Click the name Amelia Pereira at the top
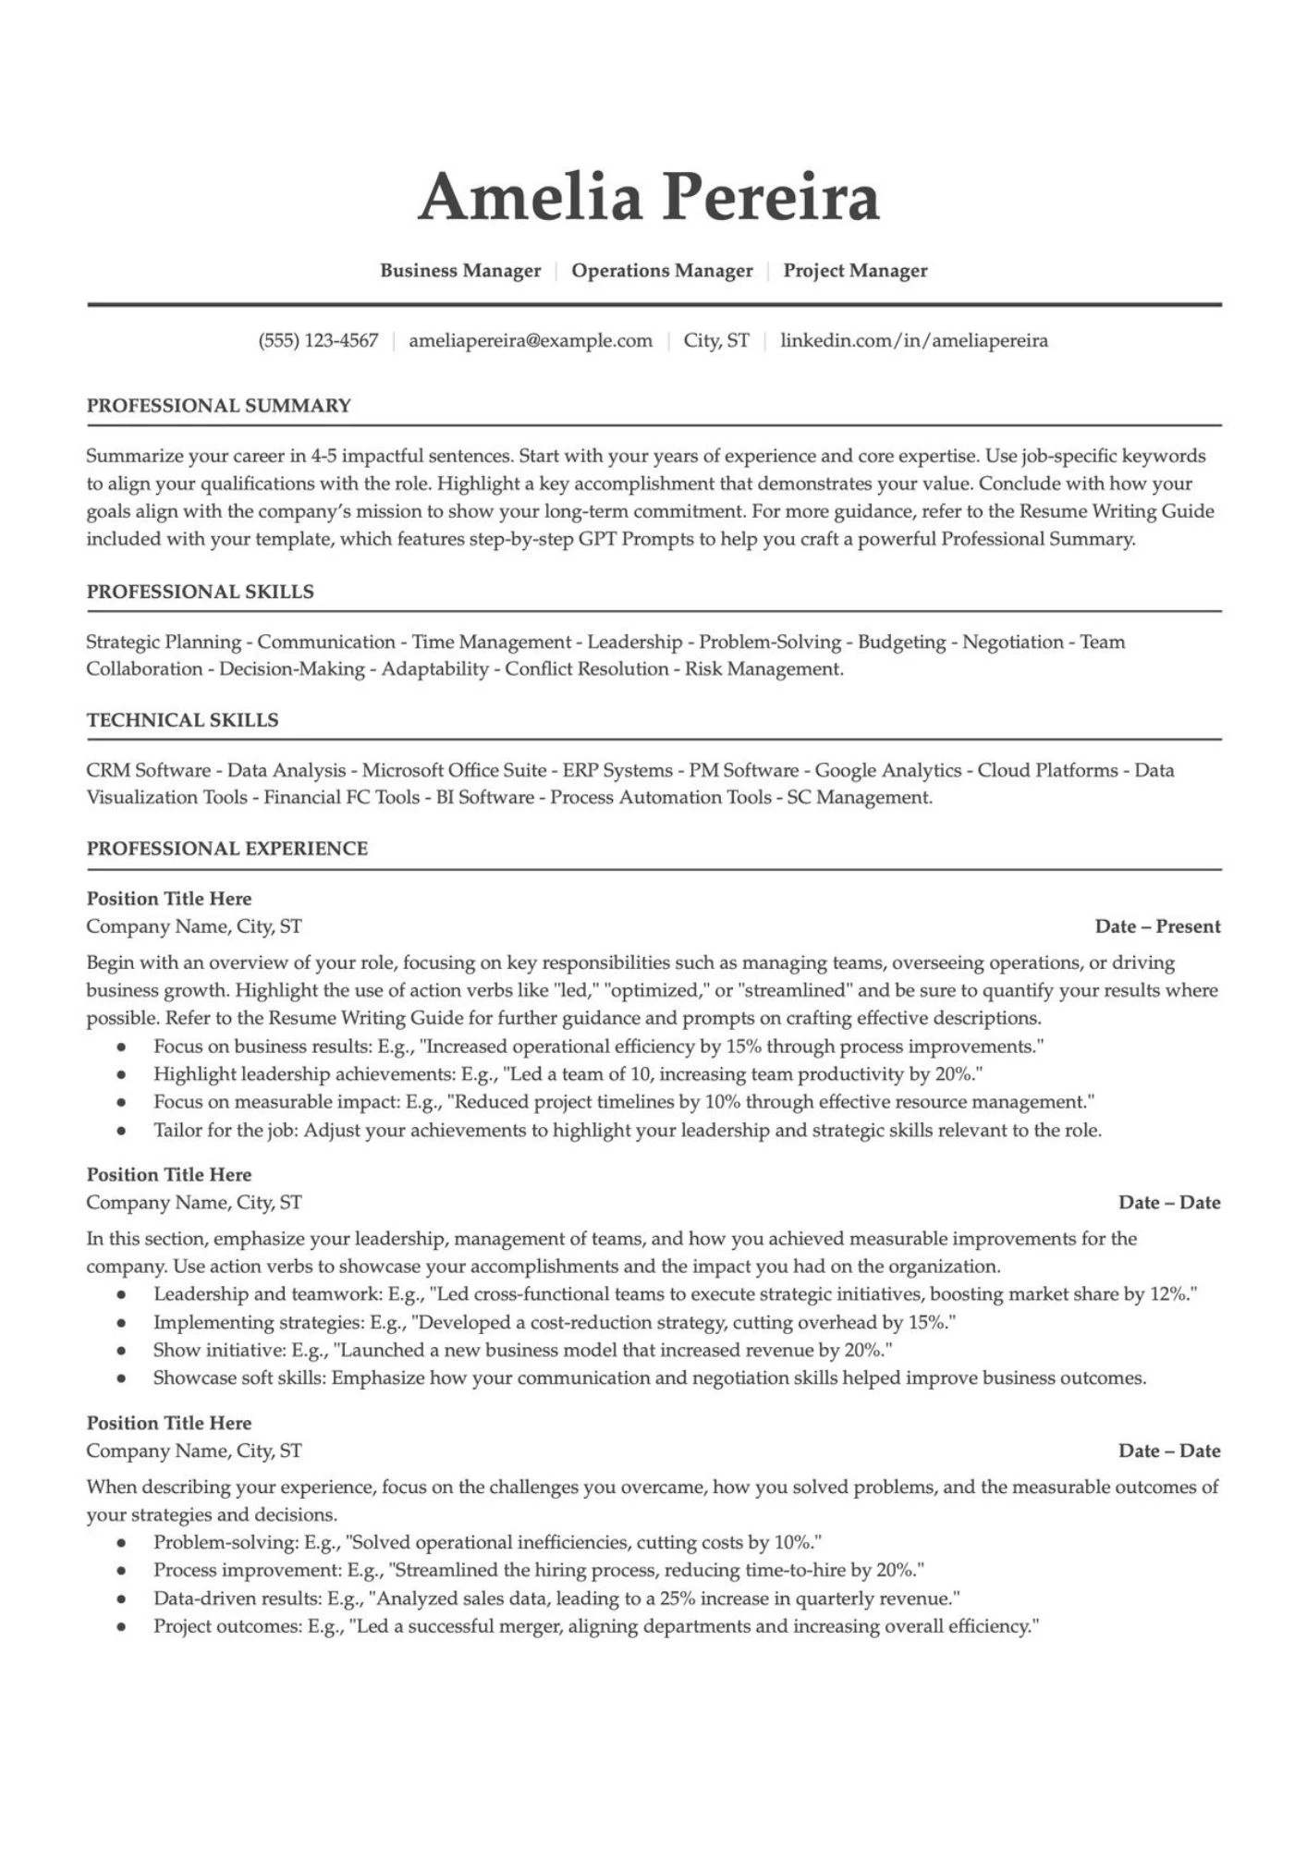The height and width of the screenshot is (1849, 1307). tap(649, 197)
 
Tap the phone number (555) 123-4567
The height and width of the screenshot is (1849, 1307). tap(318, 341)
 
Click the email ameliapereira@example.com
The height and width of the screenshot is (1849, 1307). tap(531, 341)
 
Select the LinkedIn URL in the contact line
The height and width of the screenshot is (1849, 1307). tap(914, 341)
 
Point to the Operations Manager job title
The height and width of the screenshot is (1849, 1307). tap(662, 271)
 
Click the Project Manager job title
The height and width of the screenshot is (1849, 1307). tap(855, 271)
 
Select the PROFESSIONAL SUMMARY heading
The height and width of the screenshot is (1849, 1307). tap(219, 406)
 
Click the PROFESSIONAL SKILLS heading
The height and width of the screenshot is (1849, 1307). tap(201, 592)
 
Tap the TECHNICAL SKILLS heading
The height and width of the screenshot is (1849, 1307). tap(183, 720)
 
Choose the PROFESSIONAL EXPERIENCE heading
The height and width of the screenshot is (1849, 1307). tap(227, 849)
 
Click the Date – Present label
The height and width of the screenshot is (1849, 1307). tap(1157, 926)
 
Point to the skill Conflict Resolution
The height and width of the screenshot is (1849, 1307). tap(586, 669)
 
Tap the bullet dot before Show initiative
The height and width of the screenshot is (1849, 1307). tap(121, 1352)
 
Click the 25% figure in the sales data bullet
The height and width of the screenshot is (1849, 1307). tap(677, 1598)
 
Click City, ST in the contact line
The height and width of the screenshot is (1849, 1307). tap(716, 341)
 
